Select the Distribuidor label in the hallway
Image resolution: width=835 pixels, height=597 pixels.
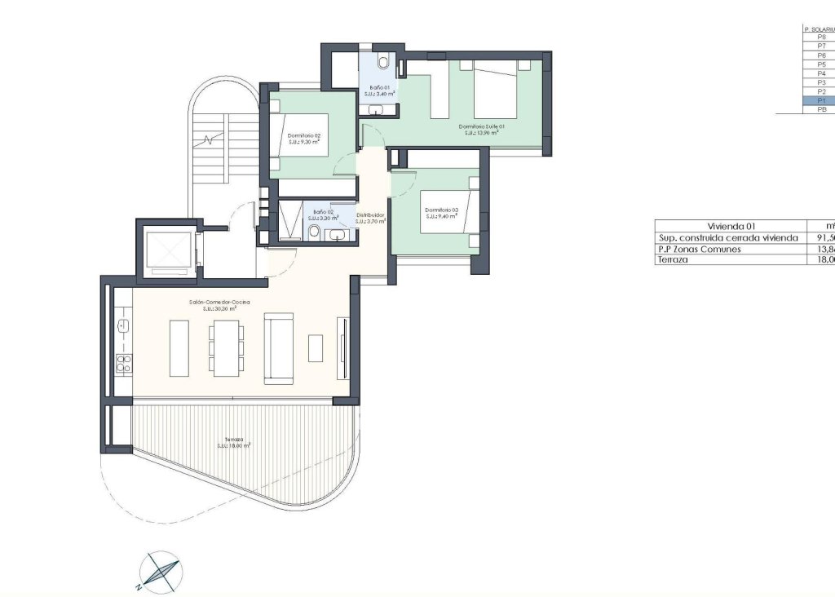[370, 218]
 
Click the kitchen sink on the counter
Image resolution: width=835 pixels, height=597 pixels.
[124, 327]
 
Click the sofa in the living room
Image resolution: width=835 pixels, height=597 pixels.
[277, 347]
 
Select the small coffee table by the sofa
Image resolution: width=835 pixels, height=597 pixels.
[316, 348]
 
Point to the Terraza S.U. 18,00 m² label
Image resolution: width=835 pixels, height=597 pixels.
[233, 442]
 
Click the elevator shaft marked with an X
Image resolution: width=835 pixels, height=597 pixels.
[166, 248]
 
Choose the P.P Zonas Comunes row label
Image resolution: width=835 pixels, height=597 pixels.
[700, 249]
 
